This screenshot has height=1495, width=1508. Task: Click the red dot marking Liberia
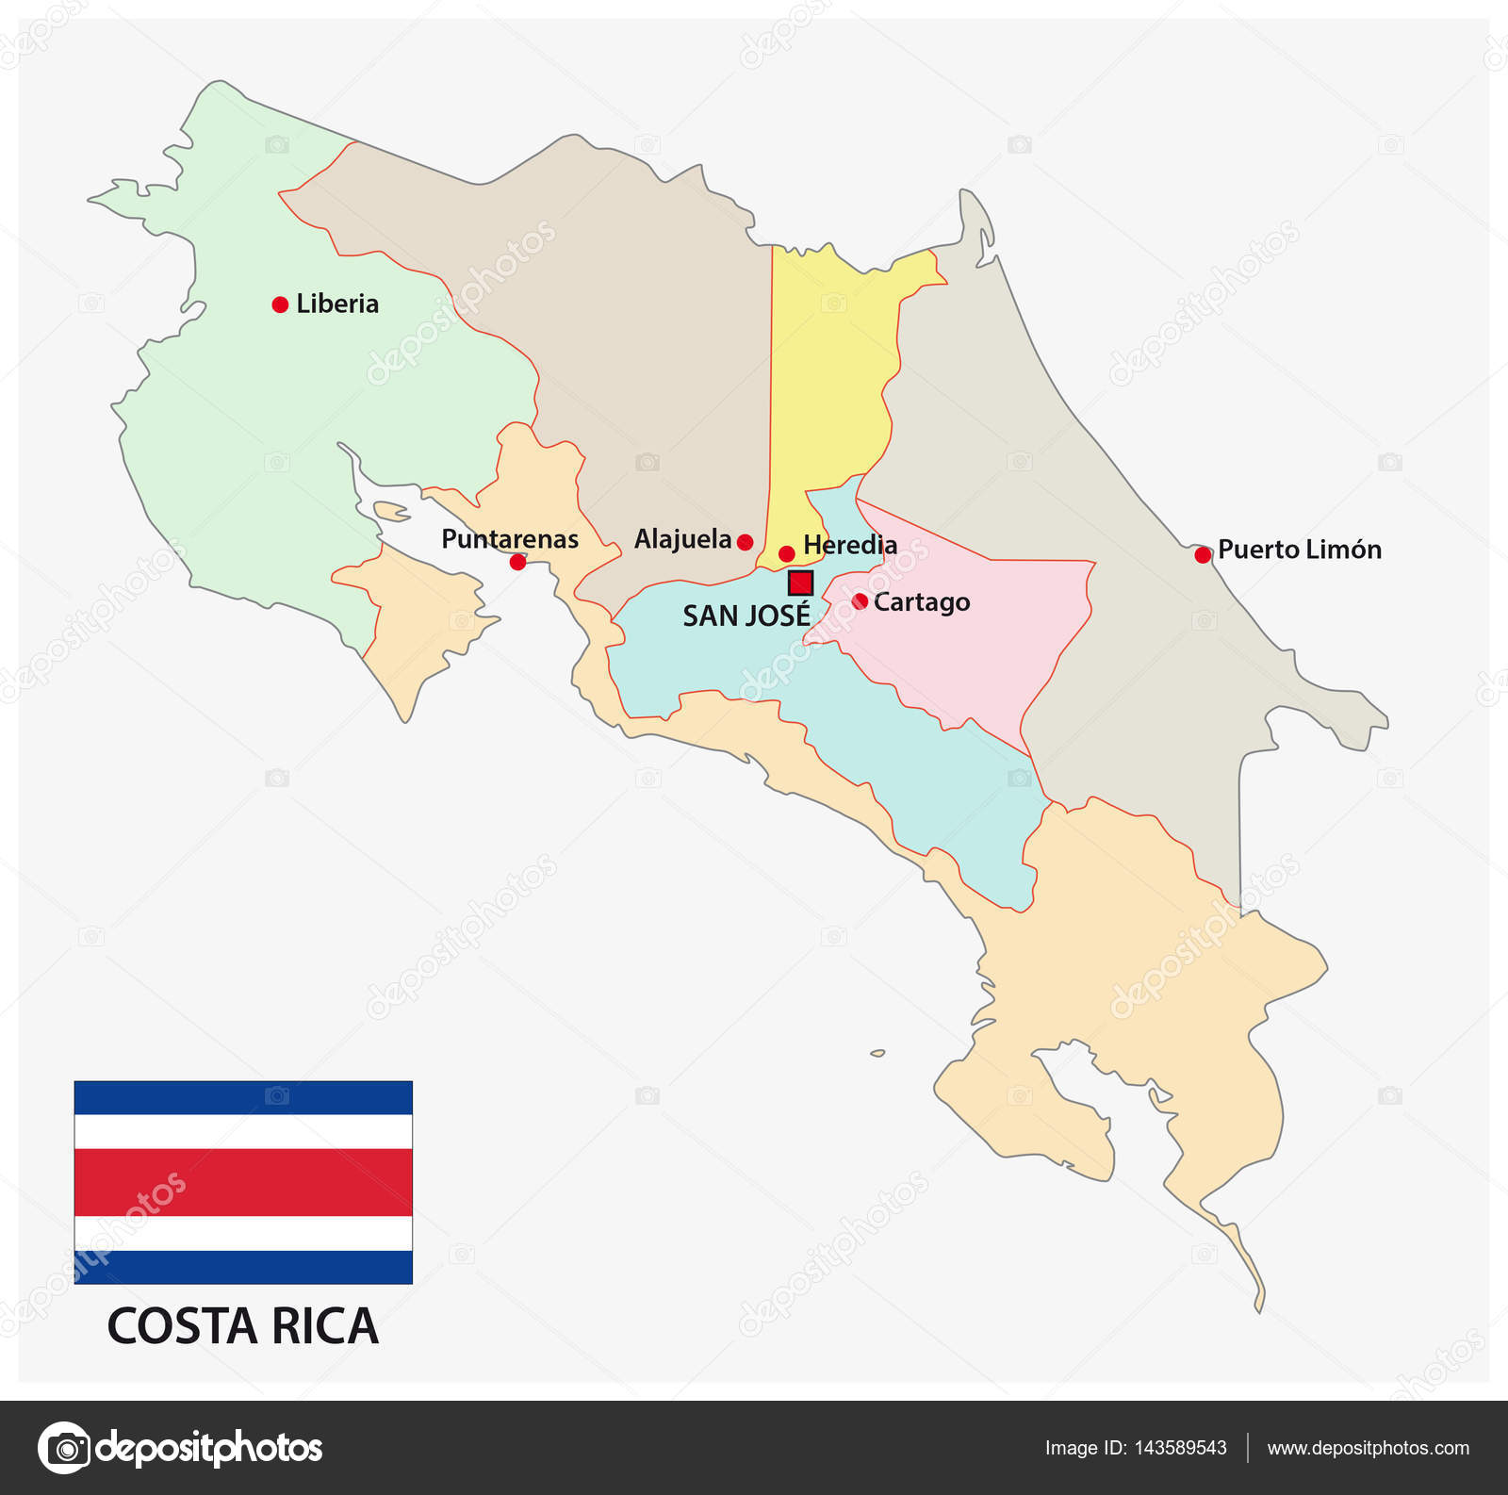tap(280, 304)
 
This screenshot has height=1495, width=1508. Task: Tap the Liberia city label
tap(337, 304)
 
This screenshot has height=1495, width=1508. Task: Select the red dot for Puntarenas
tap(517, 562)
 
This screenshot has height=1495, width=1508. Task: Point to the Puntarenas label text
tap(510, 539)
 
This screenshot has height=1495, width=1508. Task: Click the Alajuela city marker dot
tap(745, 542)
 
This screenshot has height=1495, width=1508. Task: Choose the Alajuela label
tap(682, 539)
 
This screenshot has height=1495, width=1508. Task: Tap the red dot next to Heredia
tap(787, 553)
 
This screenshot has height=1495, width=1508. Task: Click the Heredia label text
tap(850, 545)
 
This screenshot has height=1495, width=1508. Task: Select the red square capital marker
tap(800, 583)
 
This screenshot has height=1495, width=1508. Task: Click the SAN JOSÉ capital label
tap(746, 616)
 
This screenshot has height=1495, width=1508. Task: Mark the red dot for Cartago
tap(860, 601)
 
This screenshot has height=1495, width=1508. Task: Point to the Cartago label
tap(922, 602)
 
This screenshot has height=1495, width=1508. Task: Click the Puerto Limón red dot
tap(1203, 555)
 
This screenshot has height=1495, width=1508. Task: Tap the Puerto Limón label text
tap(1300, 550)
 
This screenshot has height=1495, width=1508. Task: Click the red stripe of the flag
tap(243, 1182)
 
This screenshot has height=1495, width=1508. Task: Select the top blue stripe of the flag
tap(243, 1097)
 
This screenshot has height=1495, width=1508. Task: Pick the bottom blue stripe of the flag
tap(243, 1267)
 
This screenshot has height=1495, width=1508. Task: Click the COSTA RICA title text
tap(243, 1326)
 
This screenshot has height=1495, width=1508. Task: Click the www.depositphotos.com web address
tap(1368, 1448)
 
